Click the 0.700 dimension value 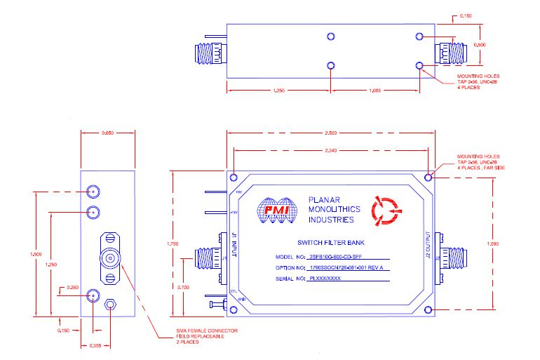pyautogui.click(x=184, y=287)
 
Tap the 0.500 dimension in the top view pyautogui.click(x=480, y=45)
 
